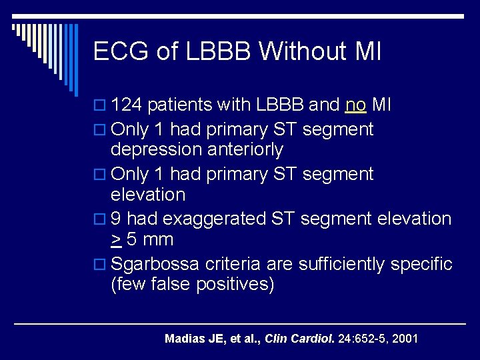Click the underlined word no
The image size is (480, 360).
pyautogui.click(x=355, y=105)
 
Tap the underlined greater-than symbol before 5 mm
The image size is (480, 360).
pyautogui.click(x=115, y=240)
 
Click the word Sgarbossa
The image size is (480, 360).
pyautogui.click(x=155, y=264)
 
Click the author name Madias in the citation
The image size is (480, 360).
pyautogui.click(x=184, y=339)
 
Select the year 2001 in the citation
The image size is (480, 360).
pyautogui.click(x=405, y=339)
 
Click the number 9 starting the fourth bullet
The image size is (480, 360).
pyautogui.click(x=116, y=219)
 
